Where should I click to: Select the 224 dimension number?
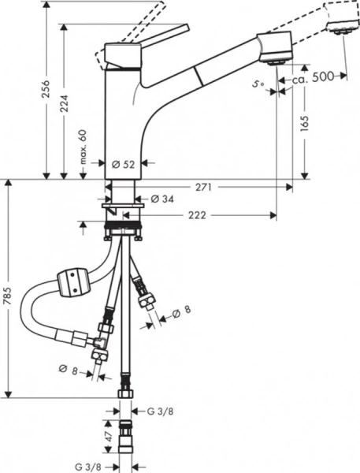[67, 98]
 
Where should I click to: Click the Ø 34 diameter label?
[160, 198]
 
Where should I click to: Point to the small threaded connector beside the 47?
[125, 434]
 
